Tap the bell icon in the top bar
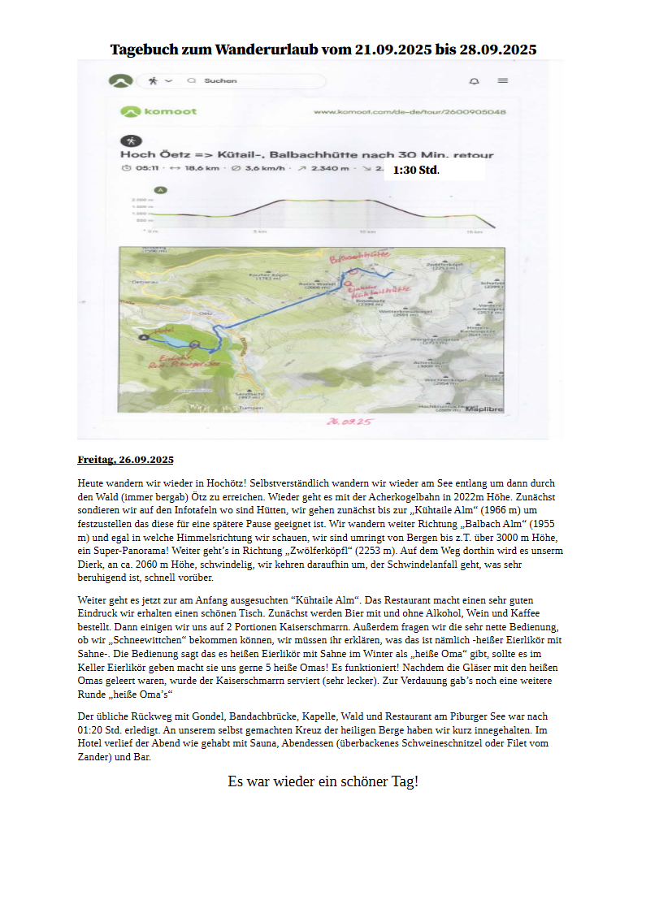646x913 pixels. coord(474,81)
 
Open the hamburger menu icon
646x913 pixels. coord(503,81)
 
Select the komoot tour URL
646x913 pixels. coord(410,111)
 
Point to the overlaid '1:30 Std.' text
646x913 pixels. coord(416,171)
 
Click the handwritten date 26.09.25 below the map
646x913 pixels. coord(349,422)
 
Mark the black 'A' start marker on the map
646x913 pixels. coord(145,335)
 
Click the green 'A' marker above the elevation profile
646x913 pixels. coord(161,190)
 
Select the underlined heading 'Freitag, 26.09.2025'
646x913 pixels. coord(126,460)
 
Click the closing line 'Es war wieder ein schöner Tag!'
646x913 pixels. coord(323,781)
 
